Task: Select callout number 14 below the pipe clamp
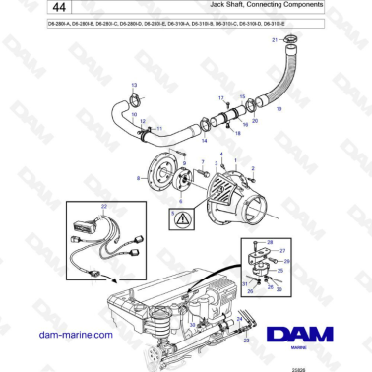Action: click(x=204, y=141)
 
